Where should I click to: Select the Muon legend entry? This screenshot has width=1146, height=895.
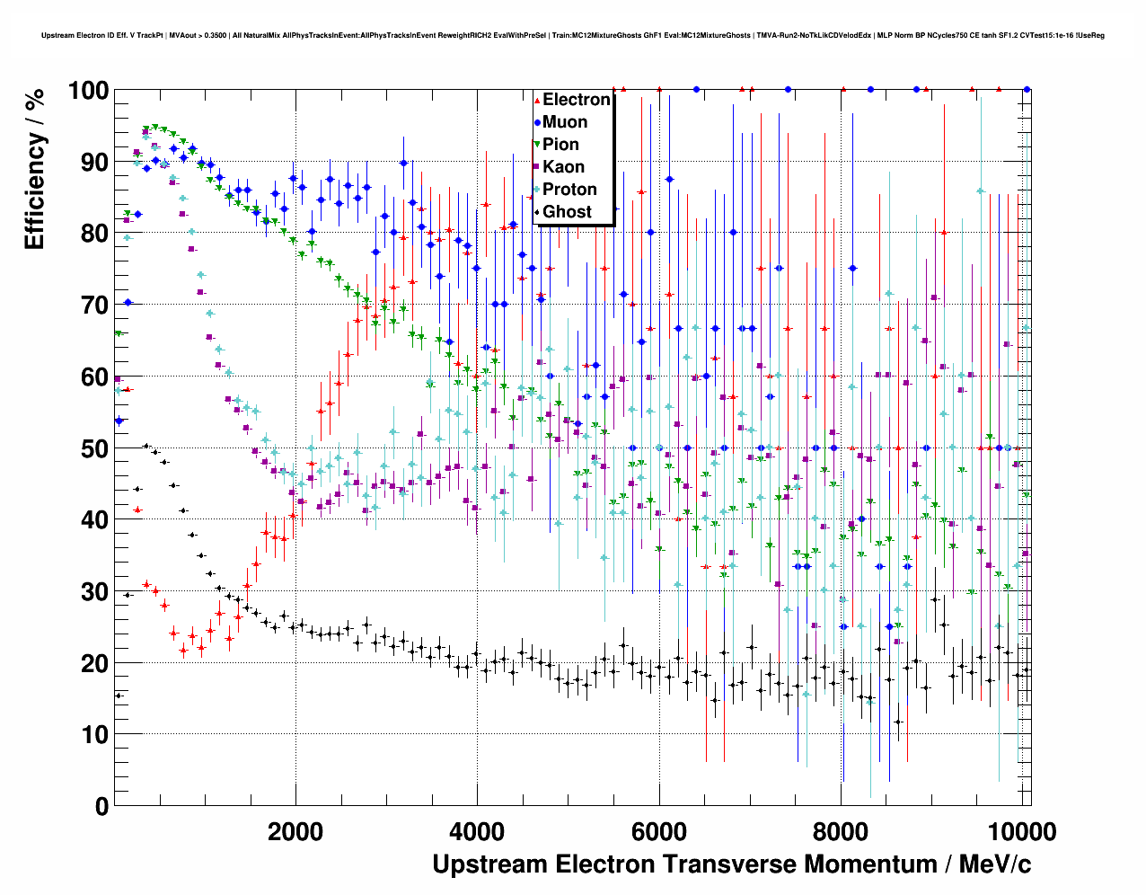coord(565,122)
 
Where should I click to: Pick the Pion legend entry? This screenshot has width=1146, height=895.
coord(560,145)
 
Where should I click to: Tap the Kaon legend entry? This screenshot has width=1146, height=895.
coord(563,167)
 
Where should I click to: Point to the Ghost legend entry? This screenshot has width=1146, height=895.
coord(567,212)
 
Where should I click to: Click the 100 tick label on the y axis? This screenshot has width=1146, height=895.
coord(88,91)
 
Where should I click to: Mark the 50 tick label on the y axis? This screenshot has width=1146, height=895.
coord(94,448)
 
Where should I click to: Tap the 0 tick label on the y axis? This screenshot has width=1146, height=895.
coord(101,806)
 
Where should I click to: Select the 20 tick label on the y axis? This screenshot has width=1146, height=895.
coord(94,663)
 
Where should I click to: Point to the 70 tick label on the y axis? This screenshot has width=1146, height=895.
coord(94,306)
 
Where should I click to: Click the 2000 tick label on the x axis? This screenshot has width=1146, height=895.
coord(295,832)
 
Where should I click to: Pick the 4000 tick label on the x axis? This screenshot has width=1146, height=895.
coord(477,832)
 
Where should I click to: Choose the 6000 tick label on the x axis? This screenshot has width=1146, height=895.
coord(659,832)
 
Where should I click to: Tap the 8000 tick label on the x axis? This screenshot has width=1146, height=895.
coord(841,832)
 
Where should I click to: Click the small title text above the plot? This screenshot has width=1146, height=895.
coord(573,36)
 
